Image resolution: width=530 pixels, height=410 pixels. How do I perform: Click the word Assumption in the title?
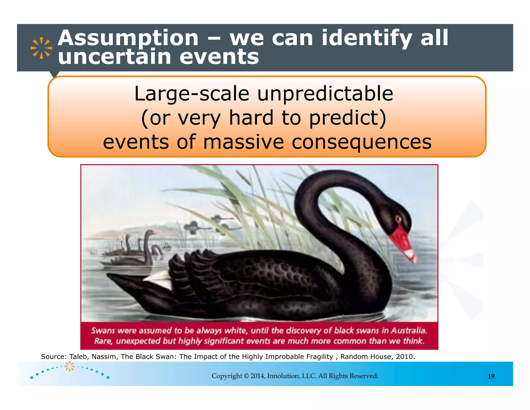point(128,38)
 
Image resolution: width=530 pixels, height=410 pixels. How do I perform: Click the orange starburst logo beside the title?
point(41,48)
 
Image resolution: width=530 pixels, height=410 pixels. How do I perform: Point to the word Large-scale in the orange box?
point(192,94)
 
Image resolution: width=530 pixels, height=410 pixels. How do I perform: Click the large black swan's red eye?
point(398,220)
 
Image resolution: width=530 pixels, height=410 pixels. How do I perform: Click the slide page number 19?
point(491,376)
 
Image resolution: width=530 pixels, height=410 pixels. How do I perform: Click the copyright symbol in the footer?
point(246,376)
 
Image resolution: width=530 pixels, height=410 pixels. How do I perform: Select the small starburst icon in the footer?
point(69,366)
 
